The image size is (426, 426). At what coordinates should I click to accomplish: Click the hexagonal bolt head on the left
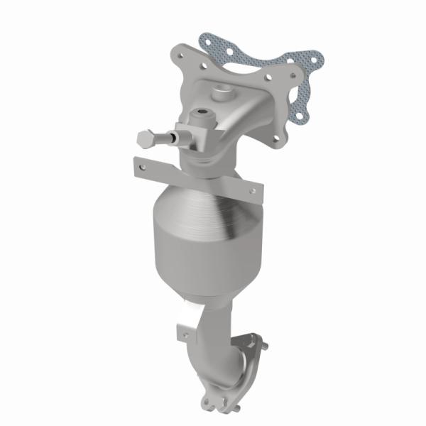point(143,139)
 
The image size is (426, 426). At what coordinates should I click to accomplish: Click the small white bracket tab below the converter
point(187,329)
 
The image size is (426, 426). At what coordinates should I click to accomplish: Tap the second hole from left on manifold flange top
point(204,70)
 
